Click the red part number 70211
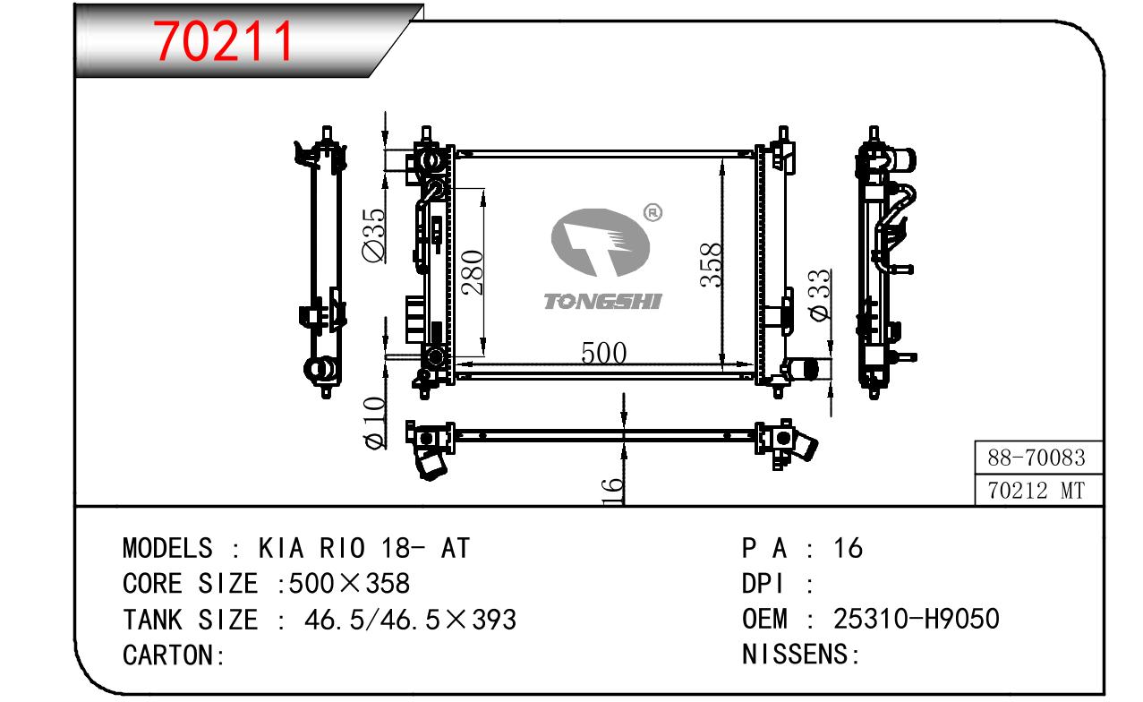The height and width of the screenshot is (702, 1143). click(224, 41)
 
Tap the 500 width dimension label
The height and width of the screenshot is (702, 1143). click(603, 353)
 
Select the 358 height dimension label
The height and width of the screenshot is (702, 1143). click(711, 265)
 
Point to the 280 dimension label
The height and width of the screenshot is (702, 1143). click(472, 272)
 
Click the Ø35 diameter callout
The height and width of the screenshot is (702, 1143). click(374, 235)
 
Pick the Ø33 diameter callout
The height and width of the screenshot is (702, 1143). click(820, 295)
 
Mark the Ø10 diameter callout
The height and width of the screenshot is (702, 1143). click(375, 424)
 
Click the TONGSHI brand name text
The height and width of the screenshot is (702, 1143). click(602, 301)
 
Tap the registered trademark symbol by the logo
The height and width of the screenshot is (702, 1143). click(653, 212)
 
